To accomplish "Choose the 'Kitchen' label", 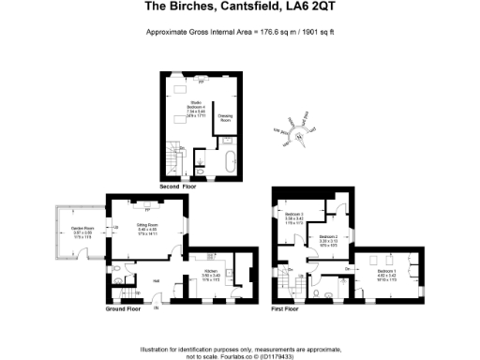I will [x=212, y=274].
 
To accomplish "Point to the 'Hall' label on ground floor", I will [x=156, y=279].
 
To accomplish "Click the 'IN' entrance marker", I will [x=157, y=307].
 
